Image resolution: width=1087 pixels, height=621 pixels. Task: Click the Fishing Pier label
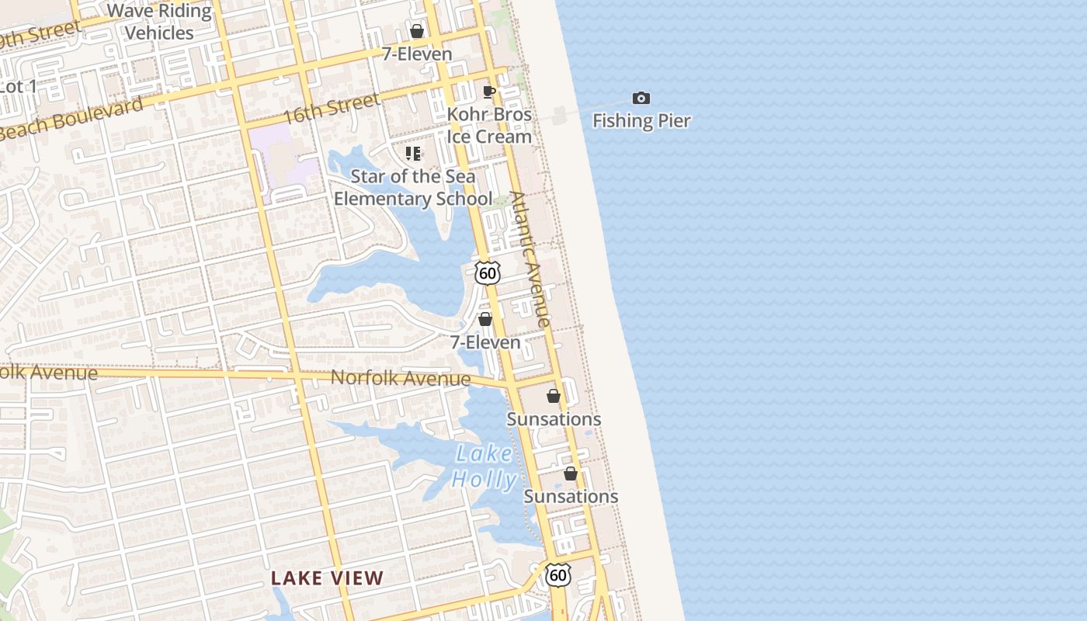click(641, 121)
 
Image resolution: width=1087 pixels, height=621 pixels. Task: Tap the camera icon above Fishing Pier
click(641, 98)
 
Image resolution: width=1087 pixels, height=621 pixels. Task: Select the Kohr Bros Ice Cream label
click(489, 125)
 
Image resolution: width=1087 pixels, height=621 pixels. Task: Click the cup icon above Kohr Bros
click(489, 92)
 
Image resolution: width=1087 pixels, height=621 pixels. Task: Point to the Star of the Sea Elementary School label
click(413, 187)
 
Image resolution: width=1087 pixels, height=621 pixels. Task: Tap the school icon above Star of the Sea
click(413, 153)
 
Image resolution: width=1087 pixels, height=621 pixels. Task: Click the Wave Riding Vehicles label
click(159, 22)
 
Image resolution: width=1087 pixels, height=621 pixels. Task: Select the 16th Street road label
click(332, 109)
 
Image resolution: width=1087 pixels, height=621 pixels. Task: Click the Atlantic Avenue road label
click(530, 259)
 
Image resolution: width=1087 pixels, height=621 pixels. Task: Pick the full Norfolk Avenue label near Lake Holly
click(401, 378)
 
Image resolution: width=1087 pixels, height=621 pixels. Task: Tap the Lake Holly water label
click(484, 467)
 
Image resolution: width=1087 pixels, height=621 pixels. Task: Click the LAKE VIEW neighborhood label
click(328, 578)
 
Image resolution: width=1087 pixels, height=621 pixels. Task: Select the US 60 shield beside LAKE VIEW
click(557, 575)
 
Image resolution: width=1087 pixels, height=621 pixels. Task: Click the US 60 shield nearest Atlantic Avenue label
click(488, 272)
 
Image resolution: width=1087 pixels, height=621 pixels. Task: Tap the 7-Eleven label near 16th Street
click(417, 54)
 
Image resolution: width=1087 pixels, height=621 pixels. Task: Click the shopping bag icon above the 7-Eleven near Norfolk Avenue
click(485, 319)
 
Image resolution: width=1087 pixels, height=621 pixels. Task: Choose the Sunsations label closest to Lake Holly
click(571, 496)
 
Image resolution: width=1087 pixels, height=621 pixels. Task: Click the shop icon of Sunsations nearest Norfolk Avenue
click(554, 396)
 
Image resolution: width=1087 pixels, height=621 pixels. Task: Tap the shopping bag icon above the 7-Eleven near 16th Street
click(417, 31)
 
